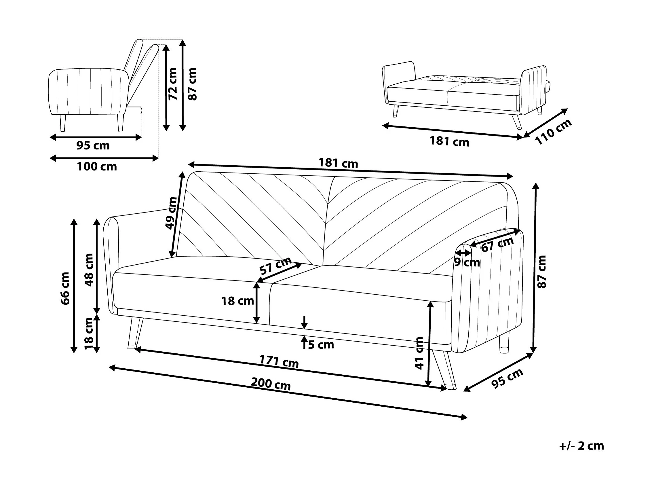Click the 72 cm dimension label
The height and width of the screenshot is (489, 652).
pos(173,84)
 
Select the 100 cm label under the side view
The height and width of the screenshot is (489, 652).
pos(97,167)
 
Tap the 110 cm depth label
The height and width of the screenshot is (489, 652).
pos(553,132)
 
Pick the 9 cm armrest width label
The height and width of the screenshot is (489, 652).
pos(467,262)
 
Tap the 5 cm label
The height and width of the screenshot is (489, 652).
pos(321,344)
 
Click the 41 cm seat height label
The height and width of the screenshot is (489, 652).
pos(419,353)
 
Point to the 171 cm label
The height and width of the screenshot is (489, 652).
pos(279,362)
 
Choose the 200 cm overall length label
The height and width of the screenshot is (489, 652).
pos(271,384)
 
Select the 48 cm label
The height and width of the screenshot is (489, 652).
pos(89,270)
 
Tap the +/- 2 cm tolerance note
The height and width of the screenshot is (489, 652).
pos(581,446)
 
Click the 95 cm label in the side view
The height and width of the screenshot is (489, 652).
pos(93,145)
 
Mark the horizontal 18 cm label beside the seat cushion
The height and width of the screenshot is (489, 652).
pos(237,301)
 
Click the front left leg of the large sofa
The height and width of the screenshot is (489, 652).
pos(135,333)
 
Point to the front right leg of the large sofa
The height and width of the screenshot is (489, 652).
pos(444,370)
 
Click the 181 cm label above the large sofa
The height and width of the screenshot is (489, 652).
pos(339,163)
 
